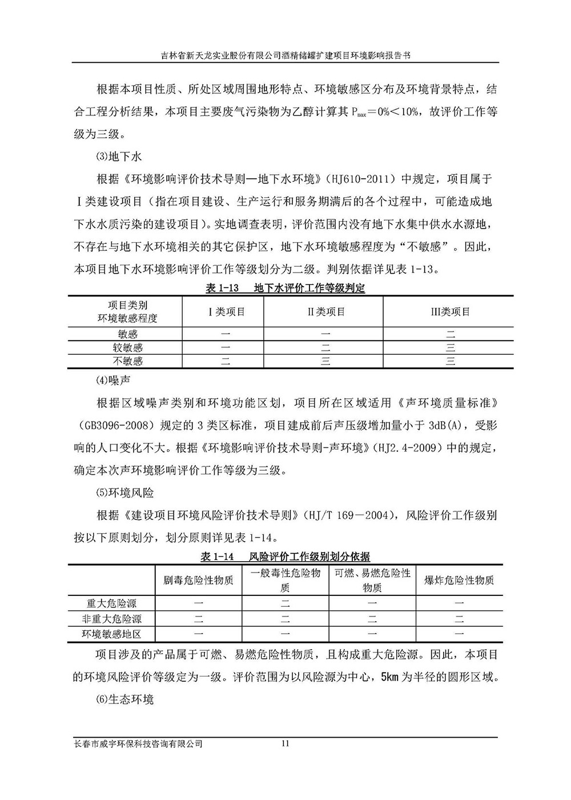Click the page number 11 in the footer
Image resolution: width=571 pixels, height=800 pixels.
(286, 743)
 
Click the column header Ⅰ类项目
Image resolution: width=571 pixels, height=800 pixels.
(226, 311)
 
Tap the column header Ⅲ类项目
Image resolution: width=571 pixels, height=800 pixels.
(451, 311)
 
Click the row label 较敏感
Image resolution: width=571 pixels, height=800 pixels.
(127, 347)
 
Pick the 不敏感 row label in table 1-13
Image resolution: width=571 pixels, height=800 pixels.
(127, 361)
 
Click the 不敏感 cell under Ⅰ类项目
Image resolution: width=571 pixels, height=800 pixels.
(226, 361)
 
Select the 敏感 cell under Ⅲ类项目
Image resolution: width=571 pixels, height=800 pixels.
(451, 334)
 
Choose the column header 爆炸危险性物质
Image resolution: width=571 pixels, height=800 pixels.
(459, 580)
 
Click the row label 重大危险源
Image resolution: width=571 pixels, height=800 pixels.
(112, 603)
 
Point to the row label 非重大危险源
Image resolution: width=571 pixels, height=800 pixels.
(112, 618)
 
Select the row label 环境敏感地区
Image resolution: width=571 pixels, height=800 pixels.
(112, 634)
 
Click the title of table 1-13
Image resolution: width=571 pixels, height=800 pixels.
(285, 289)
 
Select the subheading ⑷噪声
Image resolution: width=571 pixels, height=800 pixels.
(111, 379)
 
